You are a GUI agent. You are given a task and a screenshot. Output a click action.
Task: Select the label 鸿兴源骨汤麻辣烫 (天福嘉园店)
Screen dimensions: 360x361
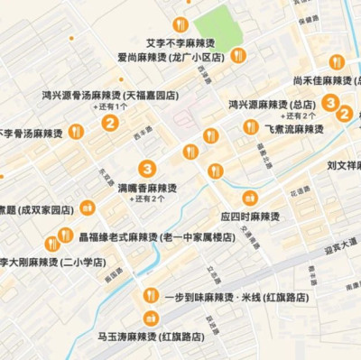click(x=110, y=94)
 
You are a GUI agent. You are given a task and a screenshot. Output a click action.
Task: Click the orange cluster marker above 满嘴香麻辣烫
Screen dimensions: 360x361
click(x=146, y=169)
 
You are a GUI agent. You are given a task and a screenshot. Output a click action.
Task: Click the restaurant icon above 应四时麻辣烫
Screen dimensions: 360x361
click(x=250, y=198)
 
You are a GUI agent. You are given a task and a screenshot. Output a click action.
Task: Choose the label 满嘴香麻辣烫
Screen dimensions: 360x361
click(x=147, y=187)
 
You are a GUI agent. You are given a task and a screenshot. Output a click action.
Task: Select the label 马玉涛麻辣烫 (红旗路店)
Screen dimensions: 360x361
click(x=152, y=337)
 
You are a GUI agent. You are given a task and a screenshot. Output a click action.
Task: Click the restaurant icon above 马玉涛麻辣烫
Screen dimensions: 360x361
click(x=151, y=318)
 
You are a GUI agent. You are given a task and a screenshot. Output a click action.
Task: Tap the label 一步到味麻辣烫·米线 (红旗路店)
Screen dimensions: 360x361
click(x=236, y=297)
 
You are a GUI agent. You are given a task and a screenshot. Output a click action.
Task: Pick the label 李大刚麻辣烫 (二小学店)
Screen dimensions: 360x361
click(x=52, y=262)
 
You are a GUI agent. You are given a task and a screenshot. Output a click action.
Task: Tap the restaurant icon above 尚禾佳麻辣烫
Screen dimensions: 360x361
click(x=337, y=62)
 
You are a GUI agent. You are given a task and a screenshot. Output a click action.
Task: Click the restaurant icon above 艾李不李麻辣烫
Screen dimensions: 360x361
click(x=180, y=24)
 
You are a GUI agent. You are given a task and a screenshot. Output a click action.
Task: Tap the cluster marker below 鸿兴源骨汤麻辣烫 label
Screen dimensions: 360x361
click(x=109, y=124)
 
